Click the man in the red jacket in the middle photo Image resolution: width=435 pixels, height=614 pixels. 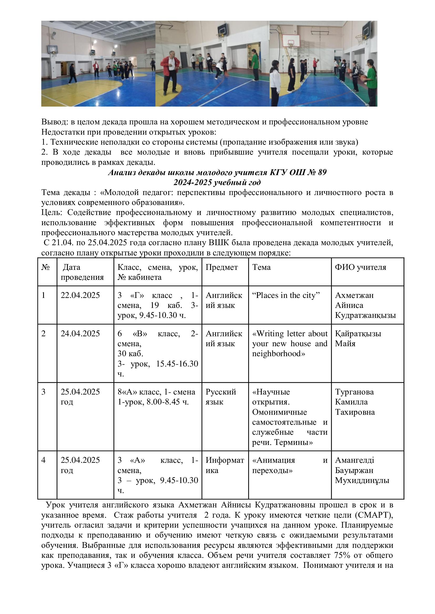coord(170,71)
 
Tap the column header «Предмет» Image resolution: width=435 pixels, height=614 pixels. coord(221,267)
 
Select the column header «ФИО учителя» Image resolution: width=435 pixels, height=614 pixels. coord(360,267)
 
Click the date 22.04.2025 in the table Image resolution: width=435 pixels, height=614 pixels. coord(80,295)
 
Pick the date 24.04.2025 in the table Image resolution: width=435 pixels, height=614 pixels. coord(80,333)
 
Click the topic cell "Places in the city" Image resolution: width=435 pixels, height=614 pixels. coord(286,295)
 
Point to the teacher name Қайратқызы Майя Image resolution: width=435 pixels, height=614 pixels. coord(358,339)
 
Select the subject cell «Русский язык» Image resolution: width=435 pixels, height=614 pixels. coord(221,397)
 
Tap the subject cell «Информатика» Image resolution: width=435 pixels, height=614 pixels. coord(224,465)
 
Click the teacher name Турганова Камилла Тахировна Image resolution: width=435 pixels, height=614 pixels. coord(355,402)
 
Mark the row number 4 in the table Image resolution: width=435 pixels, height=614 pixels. coord(43,460)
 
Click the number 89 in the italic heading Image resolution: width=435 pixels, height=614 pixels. coord(322,172)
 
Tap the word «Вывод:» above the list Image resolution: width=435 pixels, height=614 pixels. coord(55,122)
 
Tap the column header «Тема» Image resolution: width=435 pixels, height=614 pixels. coord(261,267)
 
